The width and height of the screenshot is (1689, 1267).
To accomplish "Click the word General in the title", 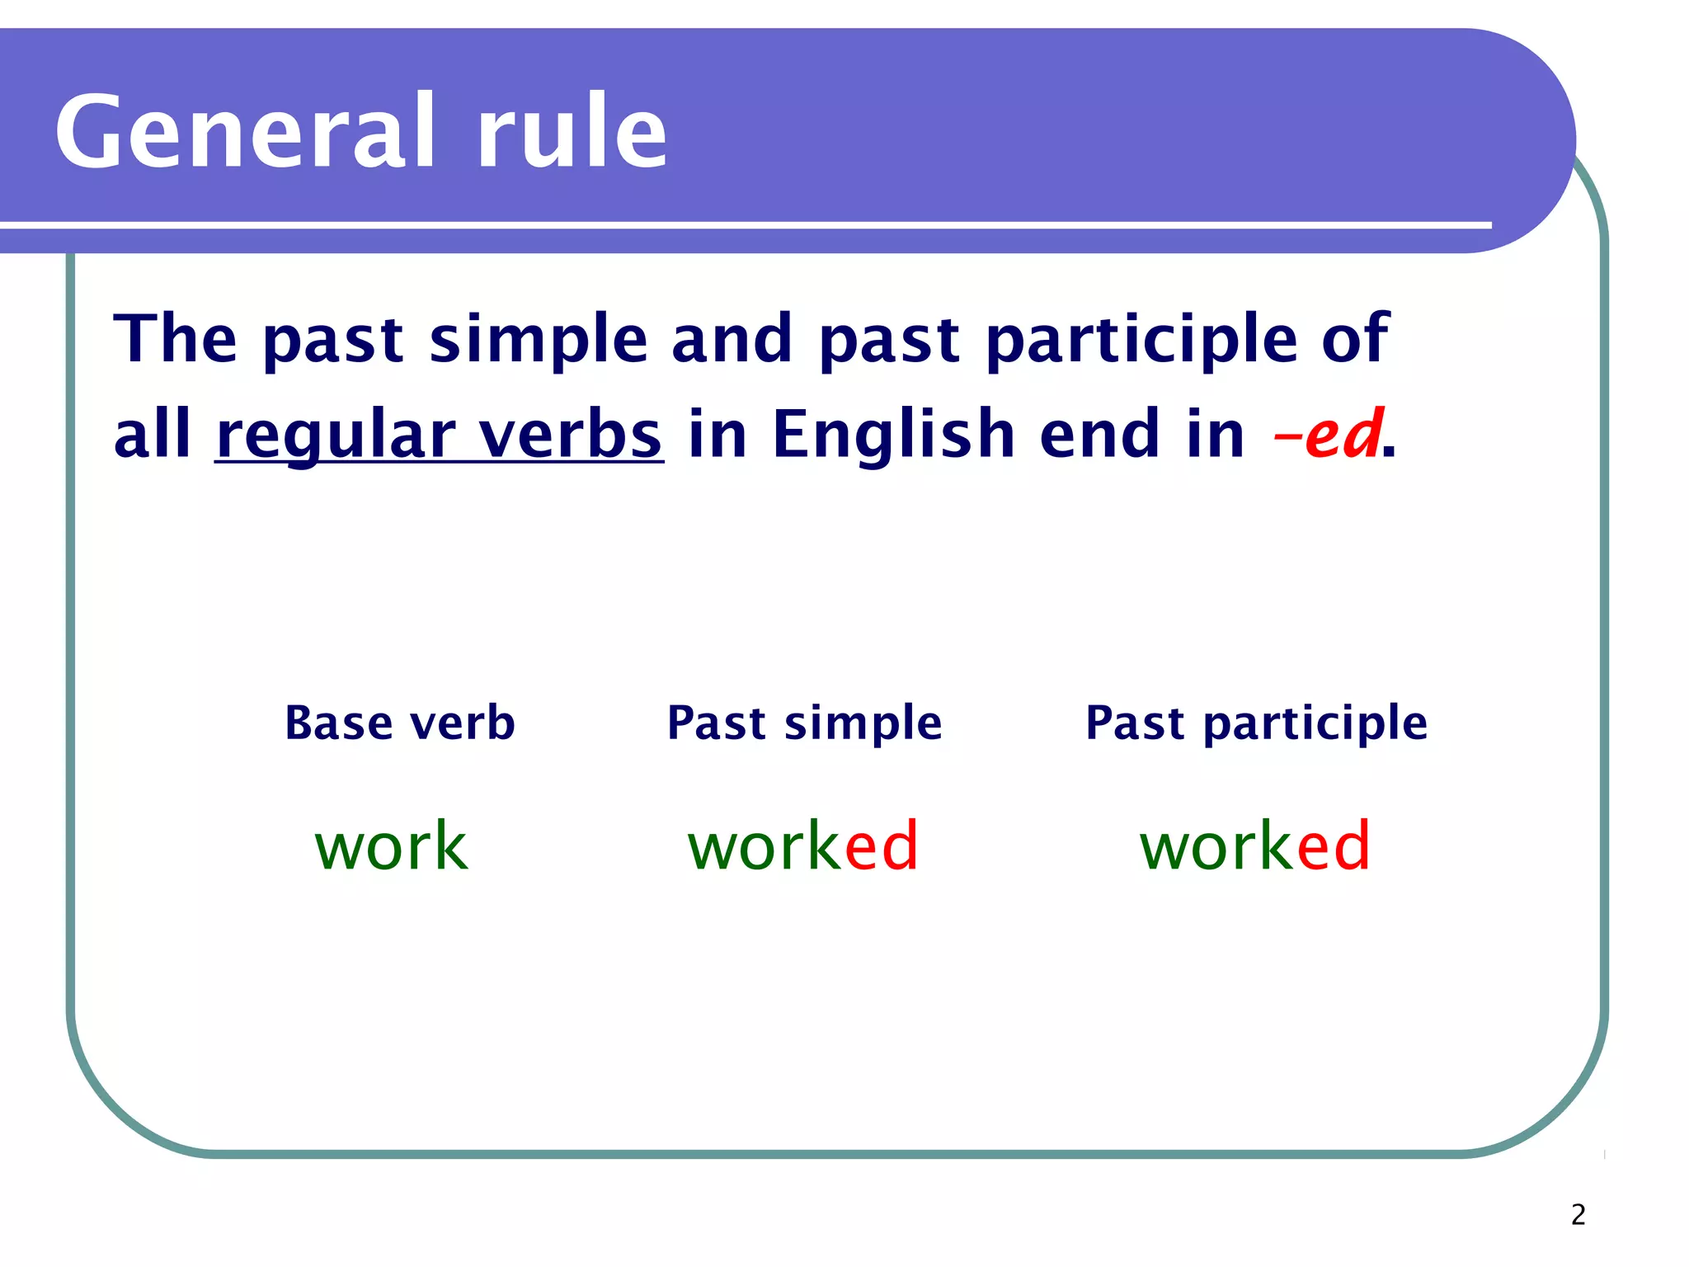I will [244, 132].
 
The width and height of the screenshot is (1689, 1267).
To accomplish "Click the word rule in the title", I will [572, 132].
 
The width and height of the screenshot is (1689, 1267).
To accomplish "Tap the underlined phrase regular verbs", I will [439, 436].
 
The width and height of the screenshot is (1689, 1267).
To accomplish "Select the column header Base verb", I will [400, 723].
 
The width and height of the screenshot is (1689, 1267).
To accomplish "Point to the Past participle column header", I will [1256, 724].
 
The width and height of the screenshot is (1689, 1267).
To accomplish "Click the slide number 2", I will [1578, 1215].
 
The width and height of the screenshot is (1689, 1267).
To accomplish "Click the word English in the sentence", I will [893, 434].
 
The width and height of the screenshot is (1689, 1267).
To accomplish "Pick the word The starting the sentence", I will [176, 338].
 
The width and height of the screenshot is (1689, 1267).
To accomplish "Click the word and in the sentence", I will [732, 338].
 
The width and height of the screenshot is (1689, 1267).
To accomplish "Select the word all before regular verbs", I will [153, 434].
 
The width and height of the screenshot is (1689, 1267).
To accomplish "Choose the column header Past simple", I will [804, 724].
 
